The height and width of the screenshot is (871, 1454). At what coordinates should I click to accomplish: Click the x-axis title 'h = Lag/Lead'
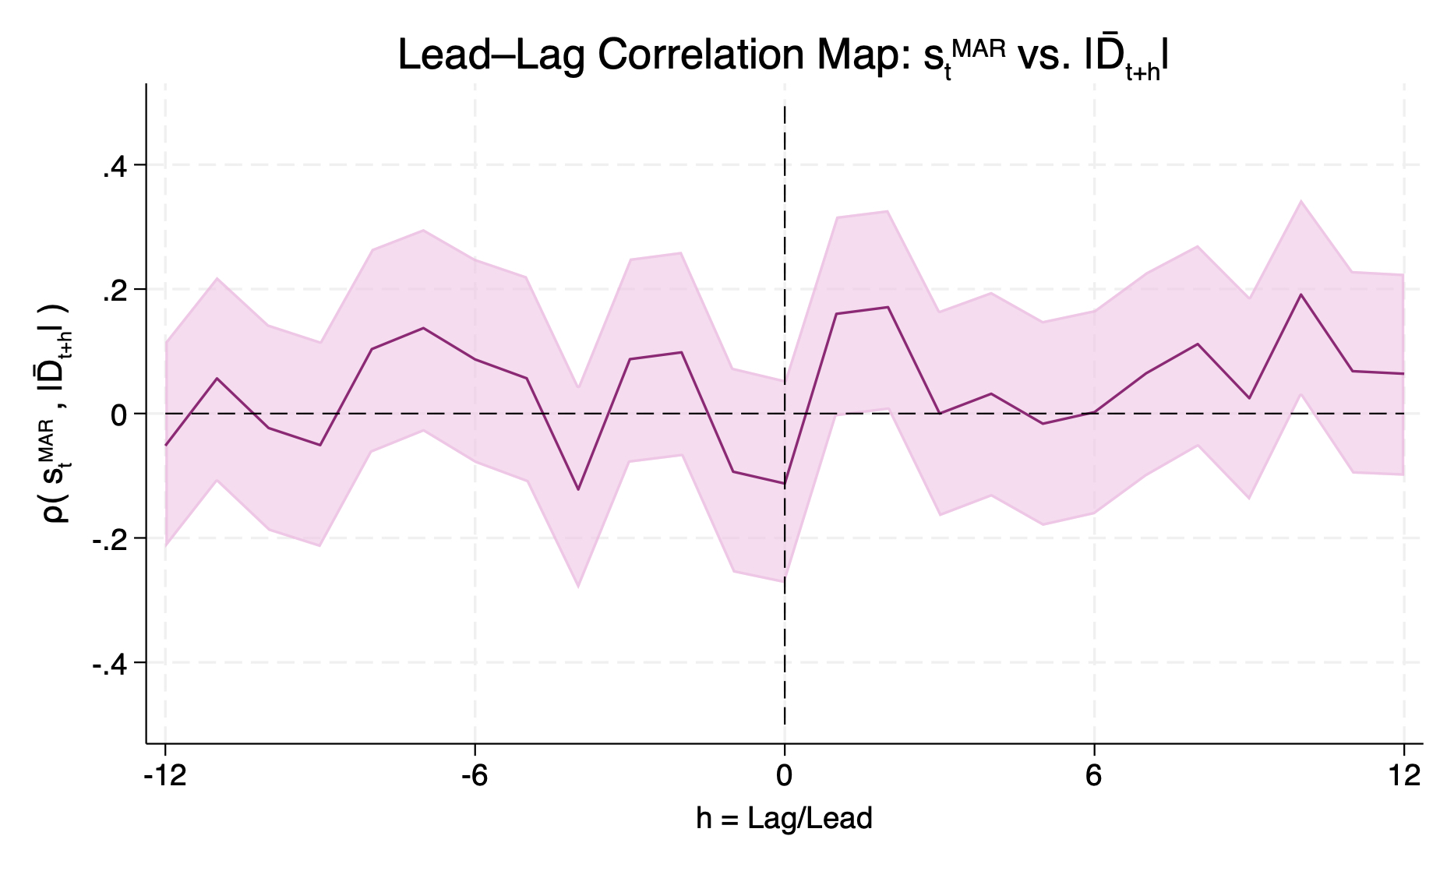click(784, 819)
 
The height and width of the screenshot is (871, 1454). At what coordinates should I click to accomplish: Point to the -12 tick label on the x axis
click(164, 776)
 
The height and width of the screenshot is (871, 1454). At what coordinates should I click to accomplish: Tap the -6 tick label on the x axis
click(474, 776)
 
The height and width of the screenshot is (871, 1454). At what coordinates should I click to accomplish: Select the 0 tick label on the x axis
click(784, 776)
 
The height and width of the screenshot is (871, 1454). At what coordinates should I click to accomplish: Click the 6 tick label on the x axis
click(1094, 776)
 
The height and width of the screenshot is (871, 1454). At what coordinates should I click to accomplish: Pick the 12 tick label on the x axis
click(1403, 776)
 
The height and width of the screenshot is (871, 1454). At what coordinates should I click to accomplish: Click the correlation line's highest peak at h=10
click(1300, 294)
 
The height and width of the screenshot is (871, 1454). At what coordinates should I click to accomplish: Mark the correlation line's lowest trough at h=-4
click(578, 489)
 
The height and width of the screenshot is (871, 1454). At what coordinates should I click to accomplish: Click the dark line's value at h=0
click(784, 484)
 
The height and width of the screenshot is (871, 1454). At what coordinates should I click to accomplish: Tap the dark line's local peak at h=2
click(888, 307)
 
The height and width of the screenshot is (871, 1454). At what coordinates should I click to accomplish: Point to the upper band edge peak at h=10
click(1300, 201)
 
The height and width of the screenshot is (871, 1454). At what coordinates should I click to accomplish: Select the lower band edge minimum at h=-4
click(578, 586)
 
